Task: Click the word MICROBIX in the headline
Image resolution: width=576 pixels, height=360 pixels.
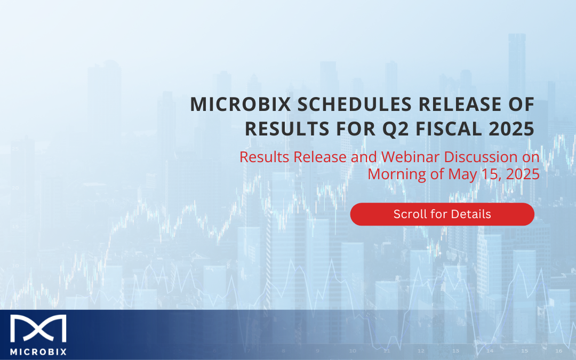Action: pyautogui.click(x=241, y=105)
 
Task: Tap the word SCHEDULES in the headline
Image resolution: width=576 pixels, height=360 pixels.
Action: pyautogui.click(x=355, y=105)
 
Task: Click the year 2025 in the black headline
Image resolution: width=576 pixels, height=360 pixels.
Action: pyautogui.click(x=511, y=129)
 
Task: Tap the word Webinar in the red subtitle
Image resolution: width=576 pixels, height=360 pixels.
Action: pyautogui.click(x=410, y=157)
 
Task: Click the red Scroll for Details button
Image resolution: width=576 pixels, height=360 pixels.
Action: pyautogui.click(x=442, y=214)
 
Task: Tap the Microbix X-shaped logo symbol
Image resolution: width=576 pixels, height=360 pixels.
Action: pyautogui.click(x=38, y=329)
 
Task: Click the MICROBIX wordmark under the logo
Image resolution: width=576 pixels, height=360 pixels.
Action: pyautogui.click(x=38, y=352)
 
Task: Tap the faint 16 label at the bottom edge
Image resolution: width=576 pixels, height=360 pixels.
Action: pyautogui.click(x=559, y=351)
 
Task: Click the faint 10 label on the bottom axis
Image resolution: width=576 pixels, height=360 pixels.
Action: pyautogui.click(x=353, y=351)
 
